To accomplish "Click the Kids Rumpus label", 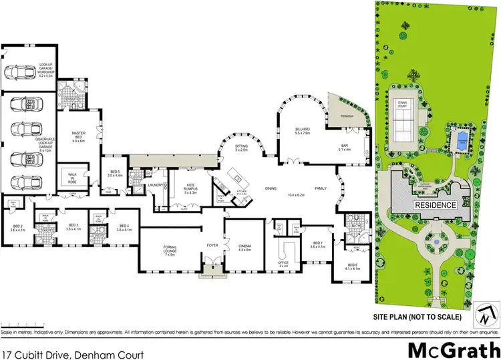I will coord(183,189).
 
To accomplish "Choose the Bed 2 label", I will coord(18,227).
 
